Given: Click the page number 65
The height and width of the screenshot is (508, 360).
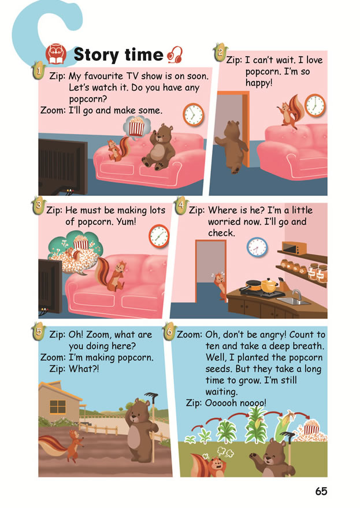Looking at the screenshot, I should point(321,491).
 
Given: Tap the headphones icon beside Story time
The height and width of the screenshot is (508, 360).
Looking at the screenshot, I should point(175,55).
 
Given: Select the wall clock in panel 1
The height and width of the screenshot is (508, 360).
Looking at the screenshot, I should point(193,114).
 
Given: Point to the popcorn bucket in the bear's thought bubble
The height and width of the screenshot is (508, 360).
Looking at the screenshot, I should point(136,125).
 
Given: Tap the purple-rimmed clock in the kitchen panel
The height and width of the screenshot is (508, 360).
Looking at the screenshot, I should point(257,247).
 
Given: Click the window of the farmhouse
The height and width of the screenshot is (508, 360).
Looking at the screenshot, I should point(57,405).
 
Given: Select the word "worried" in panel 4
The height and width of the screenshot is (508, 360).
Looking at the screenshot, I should point(225,221).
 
